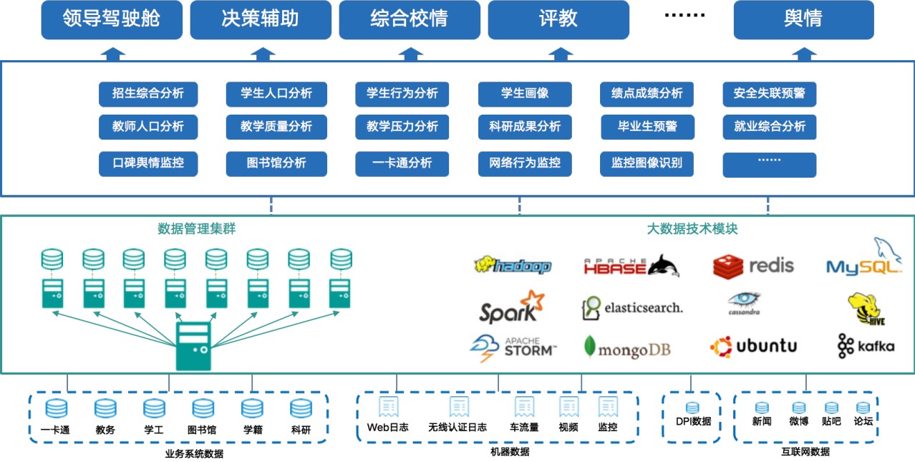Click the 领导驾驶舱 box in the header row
[x=112, y=19]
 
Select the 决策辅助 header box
[x=261, y=19]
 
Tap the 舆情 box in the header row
[x=803, y=19]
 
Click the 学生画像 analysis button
[x=525, y=94]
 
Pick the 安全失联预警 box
[x=770, y=94]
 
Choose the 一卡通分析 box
[x=402, y=163]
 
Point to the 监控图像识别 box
[x=647, y=163]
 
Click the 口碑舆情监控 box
[x=148, y=163]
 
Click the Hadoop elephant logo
[x=513, y=266]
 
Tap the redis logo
[x=754, y=266]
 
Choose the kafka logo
[x=866, y=346]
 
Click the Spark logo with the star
[x=509, y=307]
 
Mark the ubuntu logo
[x=754, y=346]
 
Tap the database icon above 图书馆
[x=203, y=409]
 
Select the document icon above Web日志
[x=388, y=407]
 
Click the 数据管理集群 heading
[x=197, y=229]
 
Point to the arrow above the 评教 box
[x=559, y=53]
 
